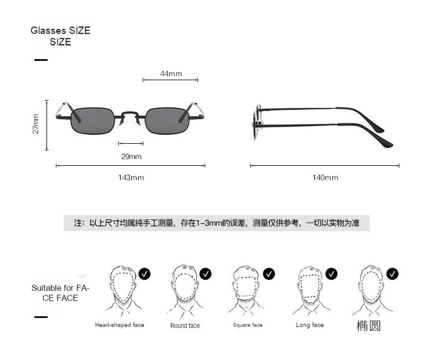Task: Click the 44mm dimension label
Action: (171, 74)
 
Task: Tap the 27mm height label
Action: (36, 124)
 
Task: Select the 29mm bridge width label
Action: (131, 156)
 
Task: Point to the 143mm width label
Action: (131, 178)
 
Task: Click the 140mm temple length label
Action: (325, 178)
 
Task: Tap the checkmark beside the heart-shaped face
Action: (145, 273)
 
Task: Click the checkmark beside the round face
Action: (206, 273)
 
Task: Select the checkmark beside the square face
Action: (269, 273)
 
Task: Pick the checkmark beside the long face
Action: (331, 273)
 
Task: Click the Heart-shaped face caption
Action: (119, 325)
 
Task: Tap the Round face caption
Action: (185, 326)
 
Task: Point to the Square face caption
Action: (247, 325)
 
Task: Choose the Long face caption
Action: (310, 325)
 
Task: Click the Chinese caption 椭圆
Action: (368, 326)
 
